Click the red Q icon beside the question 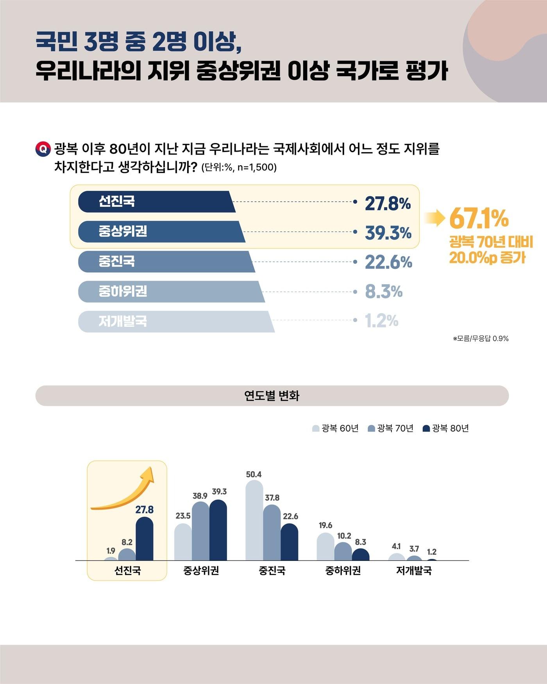(43, 149)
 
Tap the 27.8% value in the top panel (388, 203)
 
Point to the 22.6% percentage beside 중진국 (388, 262)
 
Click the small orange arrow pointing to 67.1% (434, 218)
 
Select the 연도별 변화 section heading (272, 396)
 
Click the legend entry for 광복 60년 (336, 428)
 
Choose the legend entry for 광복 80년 (446, 428)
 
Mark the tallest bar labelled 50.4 (254, 520)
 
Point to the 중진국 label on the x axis (272, 571)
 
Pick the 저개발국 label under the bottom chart (414, 571)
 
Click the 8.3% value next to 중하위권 (384, 292)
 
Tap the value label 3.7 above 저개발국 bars (414, 549)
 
